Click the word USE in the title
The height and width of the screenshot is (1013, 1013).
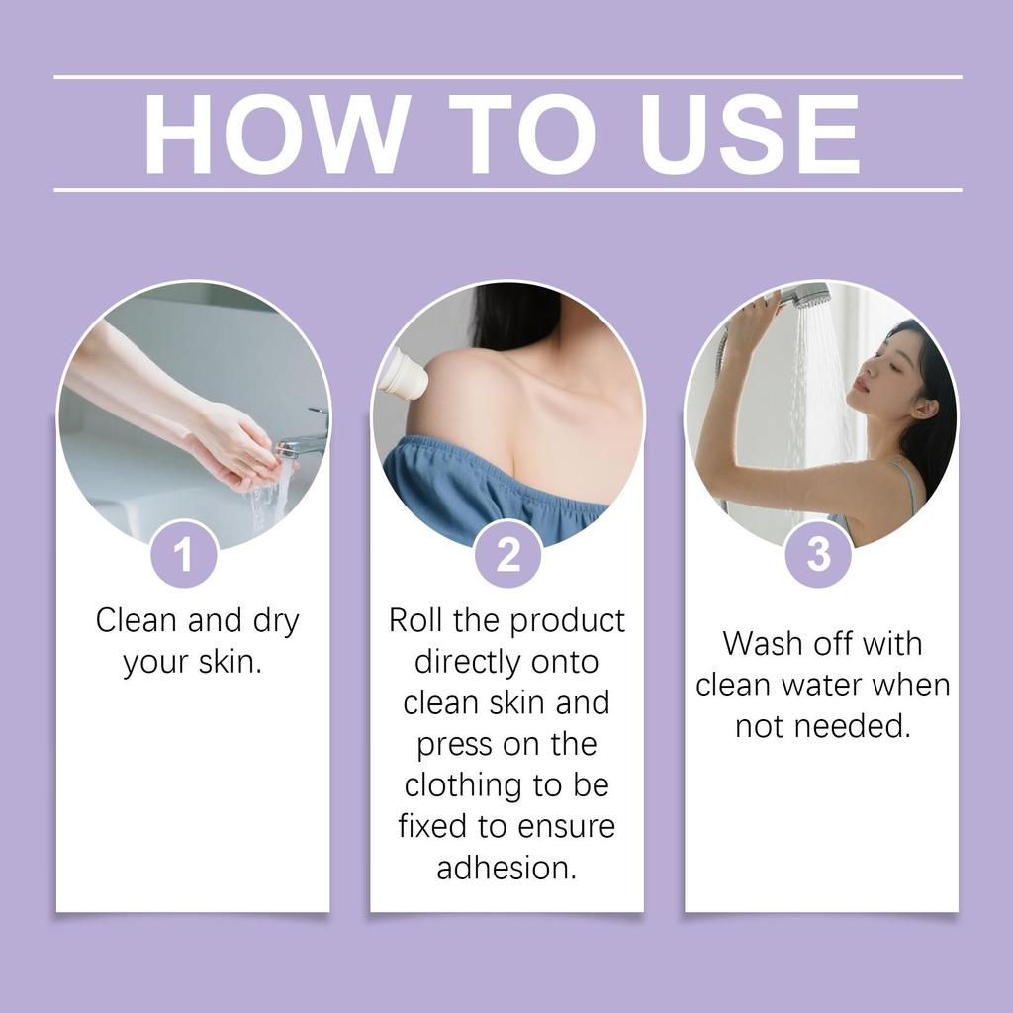[750, 135]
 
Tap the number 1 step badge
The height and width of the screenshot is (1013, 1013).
[184, 555]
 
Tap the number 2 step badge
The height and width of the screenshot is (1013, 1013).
[507, 555]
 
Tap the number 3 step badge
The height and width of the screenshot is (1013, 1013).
[818, 555]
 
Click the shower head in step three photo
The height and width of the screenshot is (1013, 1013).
[806, 295]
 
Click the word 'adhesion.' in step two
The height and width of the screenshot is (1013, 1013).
[506, 868]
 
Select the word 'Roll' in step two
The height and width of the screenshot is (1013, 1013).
[416, 620]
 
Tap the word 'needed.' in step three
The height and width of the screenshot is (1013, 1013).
[861, 726]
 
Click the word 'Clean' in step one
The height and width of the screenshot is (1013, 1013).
[137, 620]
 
